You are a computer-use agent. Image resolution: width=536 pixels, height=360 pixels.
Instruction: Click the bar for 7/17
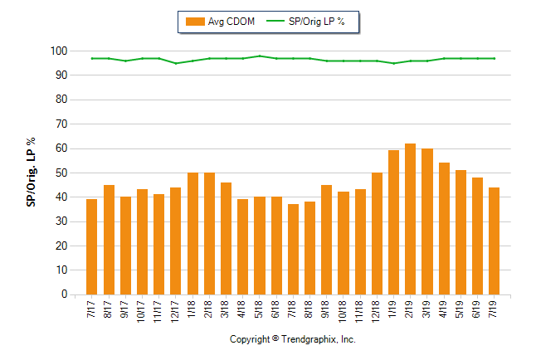tap(92, 246)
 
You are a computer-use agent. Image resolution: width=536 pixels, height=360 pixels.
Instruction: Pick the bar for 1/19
tap(393, 222)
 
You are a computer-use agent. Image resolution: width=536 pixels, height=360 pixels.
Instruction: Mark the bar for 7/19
tap(494, 241)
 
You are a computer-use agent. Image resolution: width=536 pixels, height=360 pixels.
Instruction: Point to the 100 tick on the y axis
tap(57, 51)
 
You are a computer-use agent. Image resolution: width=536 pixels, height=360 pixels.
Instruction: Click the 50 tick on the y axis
tap(60, 173)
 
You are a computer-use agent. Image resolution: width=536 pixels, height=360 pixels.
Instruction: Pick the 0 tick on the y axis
tap(62, 294)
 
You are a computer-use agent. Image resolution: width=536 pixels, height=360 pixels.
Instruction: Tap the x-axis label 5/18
tap(260, 312)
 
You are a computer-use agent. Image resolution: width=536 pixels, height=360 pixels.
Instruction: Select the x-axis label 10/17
tap(142, 314)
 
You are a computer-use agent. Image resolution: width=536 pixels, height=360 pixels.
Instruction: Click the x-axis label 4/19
tap(444, 312)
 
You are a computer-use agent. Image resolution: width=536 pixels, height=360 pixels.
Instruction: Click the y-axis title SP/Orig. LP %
tap(32, 173)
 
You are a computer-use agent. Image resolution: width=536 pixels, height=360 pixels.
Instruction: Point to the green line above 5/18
tap(260, 56)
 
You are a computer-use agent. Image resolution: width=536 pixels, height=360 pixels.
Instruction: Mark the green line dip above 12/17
tap(175, 63)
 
